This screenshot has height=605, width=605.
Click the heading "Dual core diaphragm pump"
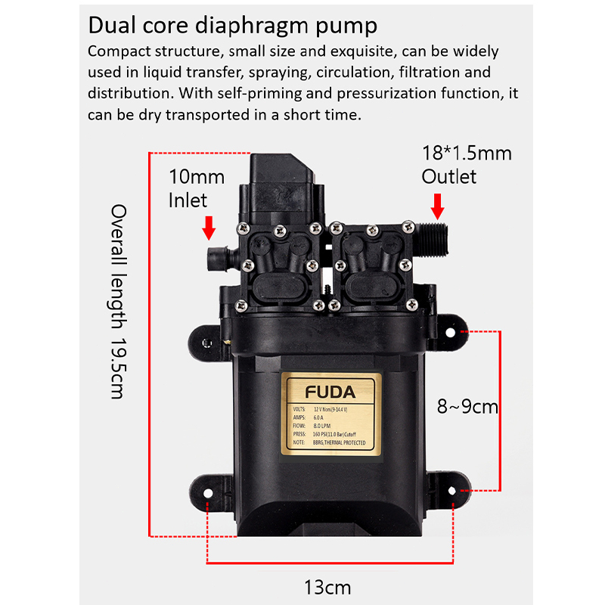tap(232, 25)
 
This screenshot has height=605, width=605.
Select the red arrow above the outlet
tap(437, 204)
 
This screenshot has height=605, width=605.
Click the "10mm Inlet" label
tap(196, 189)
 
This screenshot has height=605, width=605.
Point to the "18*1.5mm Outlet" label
tap(466, 165)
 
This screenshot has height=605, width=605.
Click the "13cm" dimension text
tap(327, 587)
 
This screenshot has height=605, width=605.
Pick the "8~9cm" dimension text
tap(468, 407)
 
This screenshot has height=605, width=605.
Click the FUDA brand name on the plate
tap(329, 392)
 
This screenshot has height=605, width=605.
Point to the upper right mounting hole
tap(451, 332)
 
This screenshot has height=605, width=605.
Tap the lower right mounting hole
tap(452, 492)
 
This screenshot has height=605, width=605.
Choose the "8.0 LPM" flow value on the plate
tap(324, 426)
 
